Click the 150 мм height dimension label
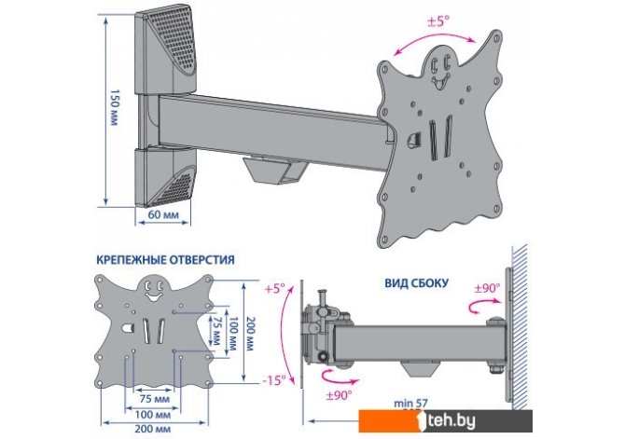(x=114, y=108)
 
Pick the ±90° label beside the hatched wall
(x=488, y=286)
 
